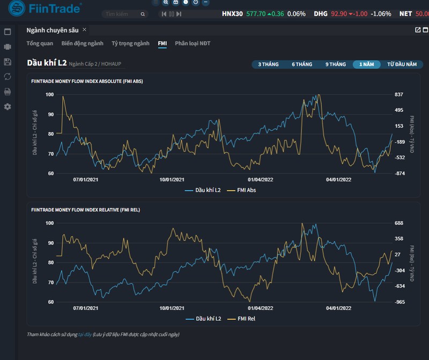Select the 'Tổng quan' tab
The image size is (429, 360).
40,43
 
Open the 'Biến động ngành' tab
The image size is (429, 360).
82,43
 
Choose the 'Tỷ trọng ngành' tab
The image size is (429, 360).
130,43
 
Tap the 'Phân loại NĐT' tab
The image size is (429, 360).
193,43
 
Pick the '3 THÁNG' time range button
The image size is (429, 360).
268,64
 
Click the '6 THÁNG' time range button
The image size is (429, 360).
302,64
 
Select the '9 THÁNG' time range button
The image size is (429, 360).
335,64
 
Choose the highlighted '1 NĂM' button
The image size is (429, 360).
366,64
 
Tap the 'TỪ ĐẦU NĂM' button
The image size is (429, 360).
402,64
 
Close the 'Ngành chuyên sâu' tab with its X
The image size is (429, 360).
84,30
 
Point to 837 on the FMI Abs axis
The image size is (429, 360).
398,94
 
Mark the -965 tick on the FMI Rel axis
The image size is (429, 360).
400,302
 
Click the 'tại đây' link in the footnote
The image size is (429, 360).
84,334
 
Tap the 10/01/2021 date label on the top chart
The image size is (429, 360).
172,180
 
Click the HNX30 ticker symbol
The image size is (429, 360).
232,14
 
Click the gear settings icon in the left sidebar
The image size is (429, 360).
8,106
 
